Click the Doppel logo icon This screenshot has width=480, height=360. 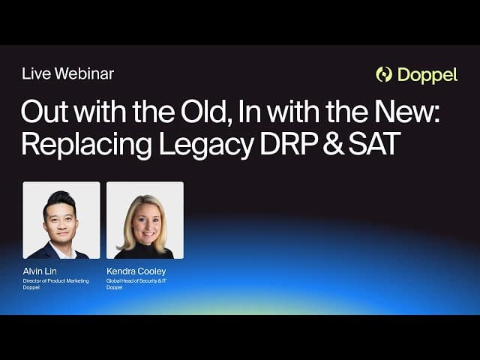pos(384,74)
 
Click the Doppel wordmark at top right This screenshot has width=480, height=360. pos(427,75)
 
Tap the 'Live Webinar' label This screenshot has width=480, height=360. pos(67,73)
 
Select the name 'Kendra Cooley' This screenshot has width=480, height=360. pos(136,271)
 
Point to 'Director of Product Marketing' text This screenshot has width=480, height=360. pos(55,280)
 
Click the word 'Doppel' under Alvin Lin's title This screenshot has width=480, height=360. pos(31,287)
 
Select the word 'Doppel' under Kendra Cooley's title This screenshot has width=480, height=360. pos(114,287)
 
